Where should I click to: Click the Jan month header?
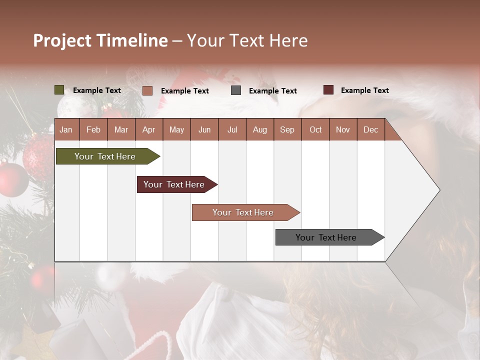(x=66, y=129)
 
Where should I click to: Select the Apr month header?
(x=148, y=129)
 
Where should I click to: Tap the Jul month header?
(x=232, y=129)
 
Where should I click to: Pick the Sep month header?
(x=287, y=129)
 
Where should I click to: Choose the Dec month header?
(x=370, y=129)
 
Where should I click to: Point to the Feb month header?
(x=93, y=129)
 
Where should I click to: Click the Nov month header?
(x=342, y=129)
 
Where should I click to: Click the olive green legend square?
(x=59, y=90)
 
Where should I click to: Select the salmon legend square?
(x=147, y=90)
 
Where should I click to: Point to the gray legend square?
(x=236, y=90)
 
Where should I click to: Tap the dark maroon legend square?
(x=328, y=90)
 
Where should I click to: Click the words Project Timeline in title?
(x=100, y=40)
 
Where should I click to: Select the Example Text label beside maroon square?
(x=364, y=90)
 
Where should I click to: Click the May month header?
(x=176, y=129)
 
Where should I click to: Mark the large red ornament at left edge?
(x=12, y=179)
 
